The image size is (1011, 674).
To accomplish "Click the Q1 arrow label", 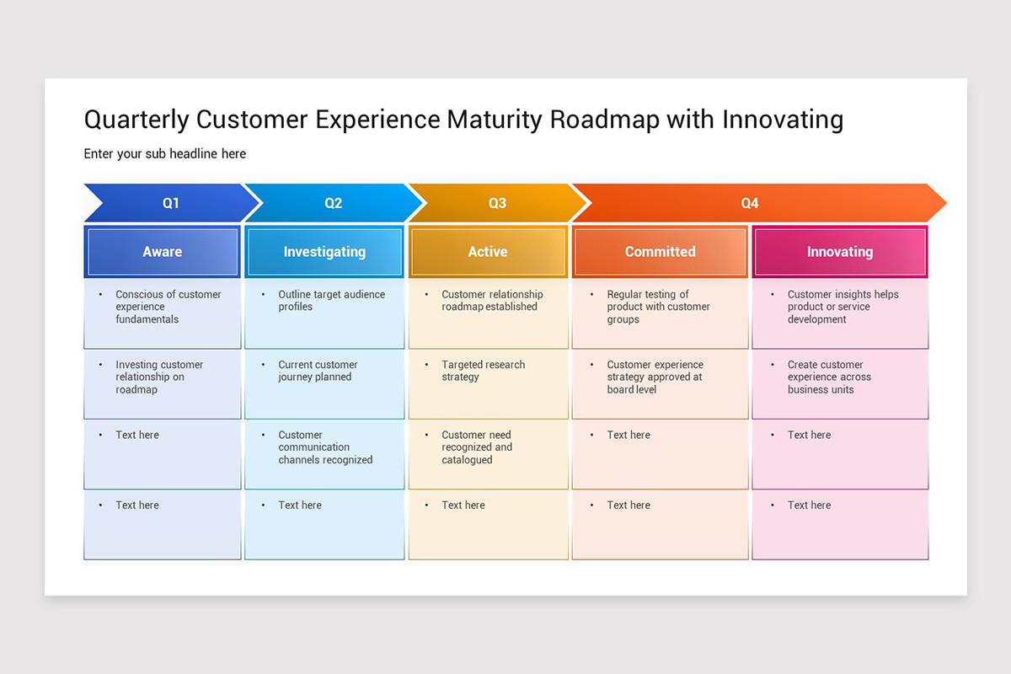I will click(171, 203).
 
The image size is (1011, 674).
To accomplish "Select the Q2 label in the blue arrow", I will click(334, 203).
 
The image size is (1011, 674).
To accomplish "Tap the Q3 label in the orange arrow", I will click(498, 203).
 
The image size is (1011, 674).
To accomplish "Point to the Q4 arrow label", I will click(750, 203).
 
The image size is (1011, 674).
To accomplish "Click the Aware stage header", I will click(163, 251).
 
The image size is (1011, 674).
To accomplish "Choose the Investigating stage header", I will click(324, 251).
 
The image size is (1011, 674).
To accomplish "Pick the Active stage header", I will click(488, 251).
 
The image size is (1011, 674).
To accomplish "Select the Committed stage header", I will click(660, 251).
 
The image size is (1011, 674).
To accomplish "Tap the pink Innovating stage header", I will click(840, 251).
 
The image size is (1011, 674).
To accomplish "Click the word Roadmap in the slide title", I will click(604, 120).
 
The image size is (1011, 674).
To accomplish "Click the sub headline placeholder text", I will click(165, 153).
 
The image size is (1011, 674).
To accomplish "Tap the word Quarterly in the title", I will click(136, 120).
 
